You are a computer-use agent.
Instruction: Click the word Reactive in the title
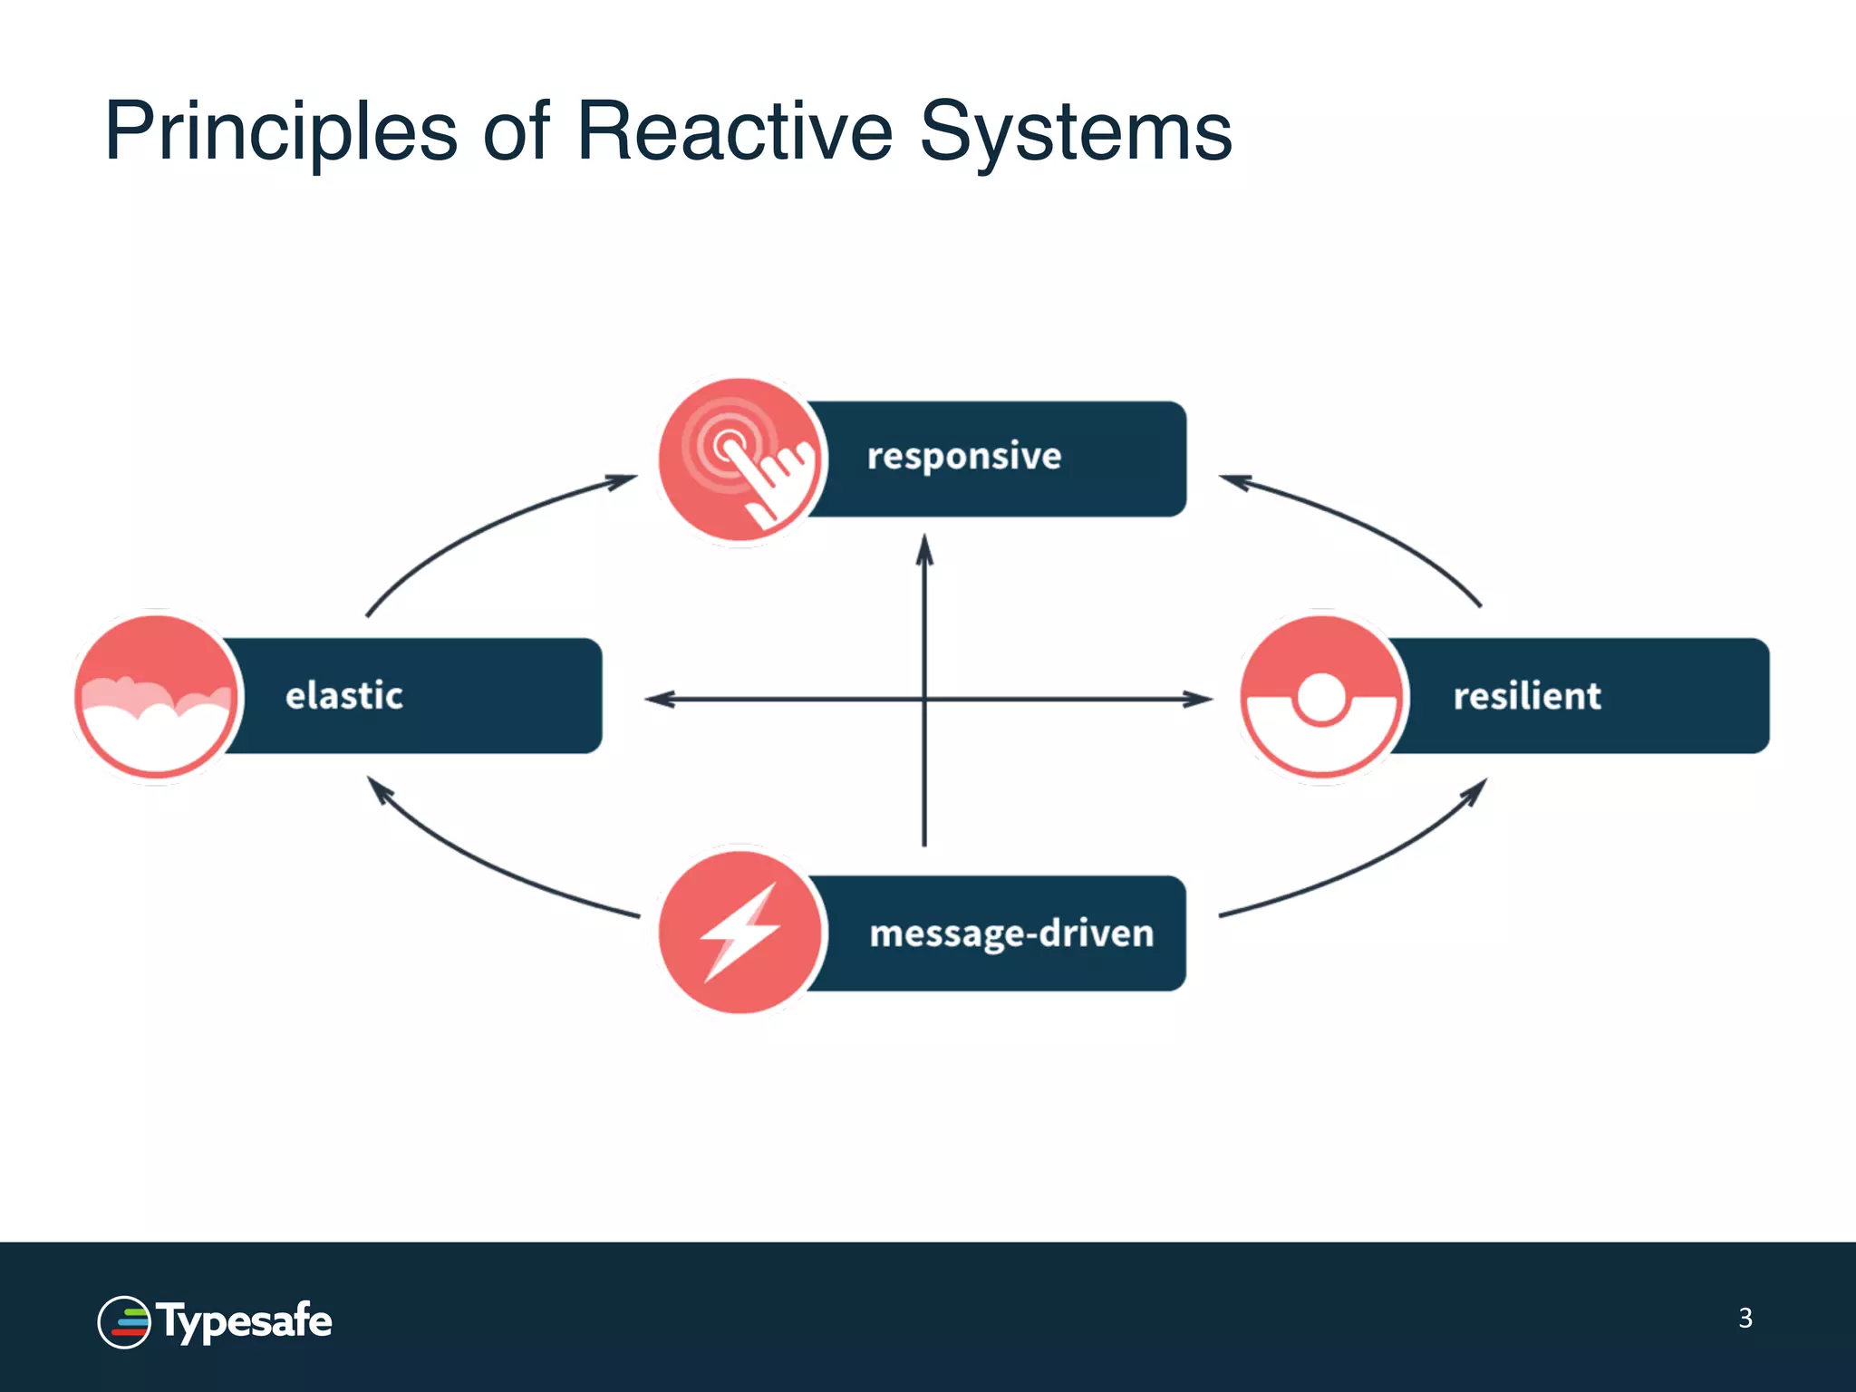click(x=734, y=132)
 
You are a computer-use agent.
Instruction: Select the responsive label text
click(x=963, y=456)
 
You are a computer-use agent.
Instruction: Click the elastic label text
click(x=343, y=696)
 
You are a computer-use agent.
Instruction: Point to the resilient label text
click(x=1526, y=696)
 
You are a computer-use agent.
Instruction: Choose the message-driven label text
click(x=1010, y=933)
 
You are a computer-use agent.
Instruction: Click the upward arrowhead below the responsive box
click(x=924, y=549)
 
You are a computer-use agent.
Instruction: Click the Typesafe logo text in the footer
click(x=245, y=1321)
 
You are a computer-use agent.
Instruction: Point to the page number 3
click(x=1745, y=1318)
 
